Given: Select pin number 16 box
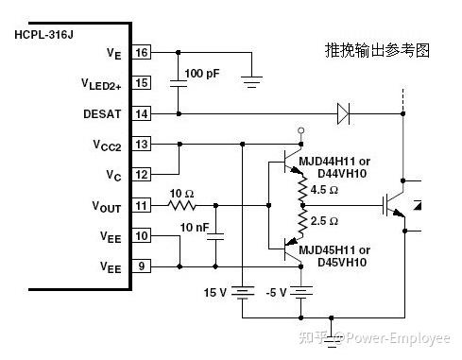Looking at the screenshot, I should [142, 52].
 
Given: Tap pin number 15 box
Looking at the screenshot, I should [142, 83].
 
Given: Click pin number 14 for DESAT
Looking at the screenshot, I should [142, 113].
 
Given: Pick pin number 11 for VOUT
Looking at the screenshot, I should [142, 205].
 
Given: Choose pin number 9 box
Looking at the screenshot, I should [142, 267].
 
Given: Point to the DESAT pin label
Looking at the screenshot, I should [104, 113].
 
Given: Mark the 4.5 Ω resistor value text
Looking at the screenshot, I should [325, 190].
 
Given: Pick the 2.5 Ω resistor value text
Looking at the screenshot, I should [325, 221].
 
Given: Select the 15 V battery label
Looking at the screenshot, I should [216, 291].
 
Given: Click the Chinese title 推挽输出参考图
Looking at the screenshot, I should [376, 50].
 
